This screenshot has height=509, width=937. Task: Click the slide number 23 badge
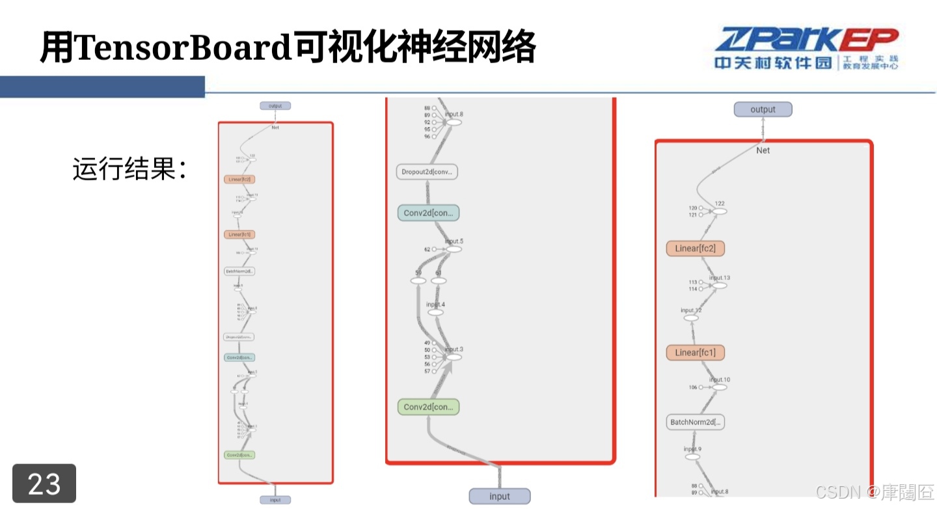point(44,484)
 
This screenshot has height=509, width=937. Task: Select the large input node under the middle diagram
point(500,497)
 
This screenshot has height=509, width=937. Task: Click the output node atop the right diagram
point(763,109)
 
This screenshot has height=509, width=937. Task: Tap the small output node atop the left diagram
point(275,105)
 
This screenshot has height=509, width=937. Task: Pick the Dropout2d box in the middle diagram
point(428,172)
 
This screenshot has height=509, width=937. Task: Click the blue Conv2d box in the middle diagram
point(428,213)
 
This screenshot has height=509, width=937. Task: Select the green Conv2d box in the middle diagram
point(428,407)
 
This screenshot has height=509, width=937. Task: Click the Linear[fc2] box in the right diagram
point(695,249)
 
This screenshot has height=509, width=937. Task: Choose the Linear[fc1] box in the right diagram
point(695,353)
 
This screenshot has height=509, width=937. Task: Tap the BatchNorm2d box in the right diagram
point(696,422)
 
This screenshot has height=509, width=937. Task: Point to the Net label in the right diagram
point(763,150)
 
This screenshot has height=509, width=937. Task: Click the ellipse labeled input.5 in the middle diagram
point(454,249)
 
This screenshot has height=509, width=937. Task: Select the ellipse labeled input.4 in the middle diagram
point(435,312)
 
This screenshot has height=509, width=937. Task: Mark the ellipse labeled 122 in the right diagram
point(719,211)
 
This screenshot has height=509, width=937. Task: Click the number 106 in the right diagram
point(693,387)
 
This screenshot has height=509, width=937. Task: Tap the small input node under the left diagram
point(275,500)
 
